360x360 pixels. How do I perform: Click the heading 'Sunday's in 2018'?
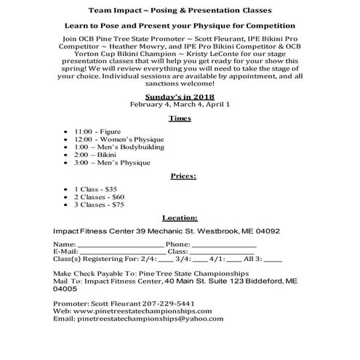(x=179, y=95)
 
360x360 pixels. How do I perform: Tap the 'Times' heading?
(x=179, y=117)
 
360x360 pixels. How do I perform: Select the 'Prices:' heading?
(x=180, y=176)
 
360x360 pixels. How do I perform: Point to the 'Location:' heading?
(x=180, y=217)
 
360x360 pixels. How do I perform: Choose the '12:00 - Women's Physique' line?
(x=124, y=139)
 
